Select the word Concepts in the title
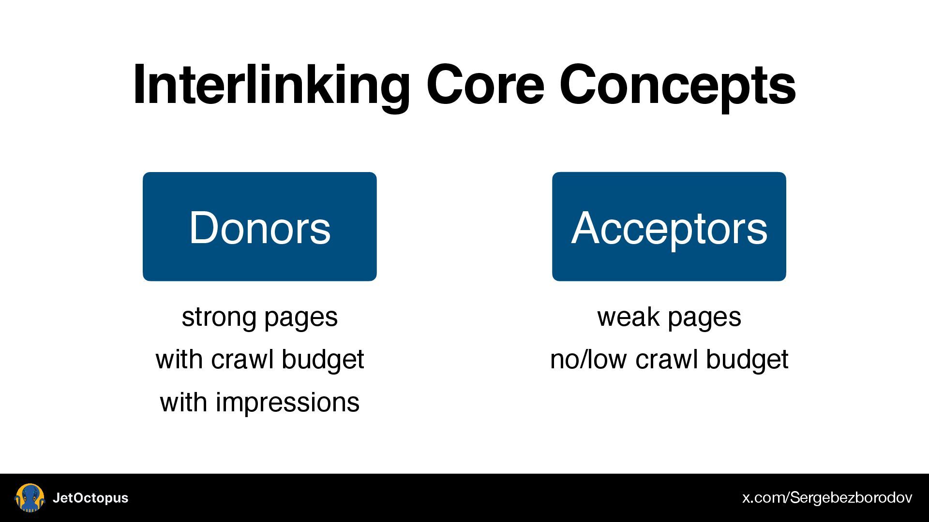pyautogui.click(x=677, y=85)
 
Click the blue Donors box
pyautogui.click(x=259, y=226)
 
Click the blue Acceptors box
pyautogui.click(x=669, y=226)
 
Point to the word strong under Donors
pyautogui.click(x=219, y=317)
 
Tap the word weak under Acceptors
pyautogui.click(x=628, y=317)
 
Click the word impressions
pyautogui.click(x=287, y=403)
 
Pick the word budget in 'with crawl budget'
pyautogui.click(x=322, y=360)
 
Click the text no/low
pyautogui.click(x=588, y=360)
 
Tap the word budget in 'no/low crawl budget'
pyautogui.click(x=747, y=360)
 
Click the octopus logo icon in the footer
pyautogui.click(x=30, y=498)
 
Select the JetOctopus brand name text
pyautogui.click(x=90, y=498)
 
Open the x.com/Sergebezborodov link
pyautogui.click(x=827, y=498)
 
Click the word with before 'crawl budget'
pyautogui.click(x=179, y=360)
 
